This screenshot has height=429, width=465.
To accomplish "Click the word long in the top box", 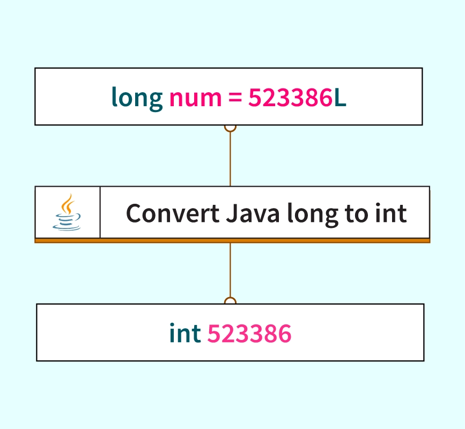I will (137, 98).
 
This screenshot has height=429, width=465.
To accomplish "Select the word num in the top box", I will (195, 98).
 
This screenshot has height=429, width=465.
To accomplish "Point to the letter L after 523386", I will (341, 98).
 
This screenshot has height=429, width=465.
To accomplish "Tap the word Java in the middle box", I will (252, 213).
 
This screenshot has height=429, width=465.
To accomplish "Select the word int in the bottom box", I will (185, 333).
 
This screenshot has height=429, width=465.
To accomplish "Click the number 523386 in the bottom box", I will (249, 333).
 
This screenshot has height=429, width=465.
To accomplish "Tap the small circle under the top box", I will (230, 127).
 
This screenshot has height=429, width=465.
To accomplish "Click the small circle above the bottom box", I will (230, 301).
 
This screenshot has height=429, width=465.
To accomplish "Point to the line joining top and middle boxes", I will (230, 158).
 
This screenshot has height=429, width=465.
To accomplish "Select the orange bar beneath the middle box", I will (232, 241).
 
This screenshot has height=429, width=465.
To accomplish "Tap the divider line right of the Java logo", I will (100, 212).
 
